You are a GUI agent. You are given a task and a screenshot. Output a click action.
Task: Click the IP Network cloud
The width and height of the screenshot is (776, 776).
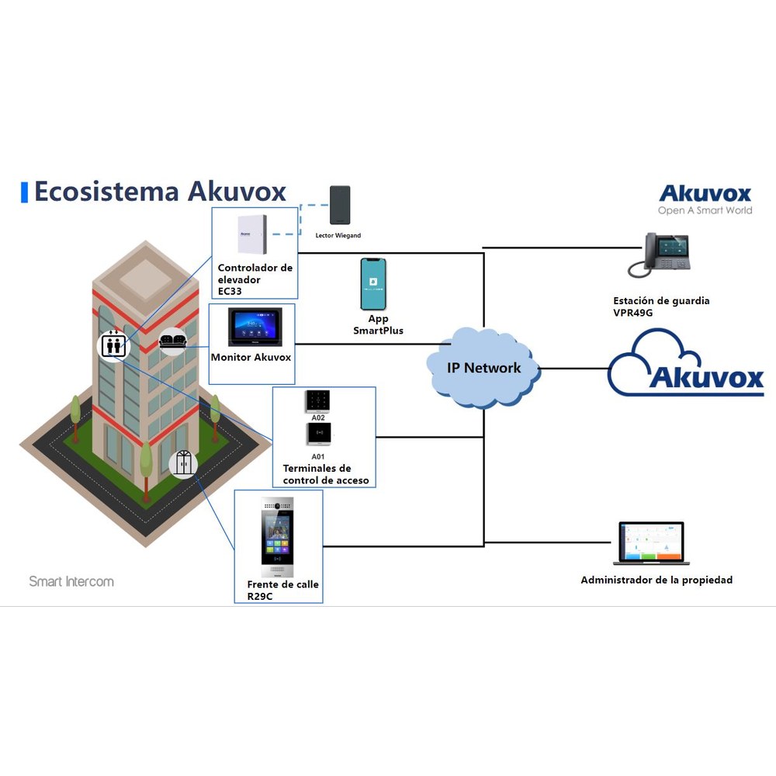tap(483, 368)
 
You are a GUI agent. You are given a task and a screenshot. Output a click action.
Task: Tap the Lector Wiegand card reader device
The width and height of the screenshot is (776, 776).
tap(340, 205)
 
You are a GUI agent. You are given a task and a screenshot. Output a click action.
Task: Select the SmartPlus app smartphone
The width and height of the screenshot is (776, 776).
tap(373, 284)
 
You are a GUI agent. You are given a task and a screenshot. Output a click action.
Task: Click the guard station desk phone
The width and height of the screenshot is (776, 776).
tap(659, 255)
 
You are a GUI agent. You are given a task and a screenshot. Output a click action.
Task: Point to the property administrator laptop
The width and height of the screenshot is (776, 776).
tap(651, 543)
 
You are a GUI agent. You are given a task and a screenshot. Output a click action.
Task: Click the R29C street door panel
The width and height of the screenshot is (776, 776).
tap(277, 537)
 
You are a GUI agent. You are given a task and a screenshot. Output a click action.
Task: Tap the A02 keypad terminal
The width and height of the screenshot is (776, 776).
tap(317, 401)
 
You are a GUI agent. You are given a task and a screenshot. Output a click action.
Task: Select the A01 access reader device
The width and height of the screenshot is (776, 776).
tap(318, 434)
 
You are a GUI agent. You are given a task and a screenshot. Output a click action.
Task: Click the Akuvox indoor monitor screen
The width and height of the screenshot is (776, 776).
tap(255, 327)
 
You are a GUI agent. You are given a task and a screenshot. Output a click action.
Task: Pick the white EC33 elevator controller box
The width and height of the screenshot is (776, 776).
tap(252, 234)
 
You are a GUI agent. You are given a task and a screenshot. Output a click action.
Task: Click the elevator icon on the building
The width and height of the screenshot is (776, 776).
tap(113, 345)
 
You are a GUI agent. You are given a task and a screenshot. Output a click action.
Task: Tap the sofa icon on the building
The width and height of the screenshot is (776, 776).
tap(173, 341)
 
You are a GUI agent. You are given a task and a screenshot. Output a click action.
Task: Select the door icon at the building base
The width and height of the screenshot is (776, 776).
tap(183, 464)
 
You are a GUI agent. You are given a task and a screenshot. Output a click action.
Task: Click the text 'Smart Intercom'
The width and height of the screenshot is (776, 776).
tap(71, 581)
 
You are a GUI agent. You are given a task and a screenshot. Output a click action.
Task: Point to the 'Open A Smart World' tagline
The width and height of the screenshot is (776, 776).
tap(705, 210)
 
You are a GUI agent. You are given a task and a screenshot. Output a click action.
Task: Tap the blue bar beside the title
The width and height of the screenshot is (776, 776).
tap(24, 192)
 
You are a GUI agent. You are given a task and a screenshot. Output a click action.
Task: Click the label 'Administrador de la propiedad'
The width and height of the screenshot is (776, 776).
tap(656, 580)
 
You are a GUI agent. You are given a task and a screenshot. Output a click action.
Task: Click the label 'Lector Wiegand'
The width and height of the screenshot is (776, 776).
tap(338, 236)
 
